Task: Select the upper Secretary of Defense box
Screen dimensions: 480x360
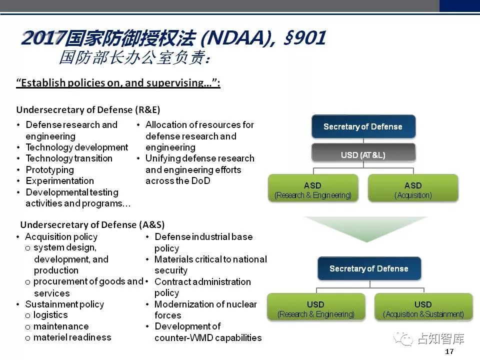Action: click(363, 126)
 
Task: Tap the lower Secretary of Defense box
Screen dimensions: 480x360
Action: click(369, 268)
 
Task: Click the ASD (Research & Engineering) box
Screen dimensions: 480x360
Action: click(313, 188)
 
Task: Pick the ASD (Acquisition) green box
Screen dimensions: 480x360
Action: click(413, 188)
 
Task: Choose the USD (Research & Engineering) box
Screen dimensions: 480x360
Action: click(316, 307)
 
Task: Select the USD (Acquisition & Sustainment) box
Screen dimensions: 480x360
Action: click(423, 307)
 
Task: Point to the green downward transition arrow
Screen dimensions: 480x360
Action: click(366, 228)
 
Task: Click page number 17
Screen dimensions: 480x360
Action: click(449, 351)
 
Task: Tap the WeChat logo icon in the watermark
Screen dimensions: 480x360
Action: click(403, 339)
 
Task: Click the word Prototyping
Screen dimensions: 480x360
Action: click(50, 169)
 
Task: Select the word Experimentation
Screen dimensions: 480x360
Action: click(60, 180)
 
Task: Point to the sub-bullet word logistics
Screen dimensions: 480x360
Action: click(50, 314)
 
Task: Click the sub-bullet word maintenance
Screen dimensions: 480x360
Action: click(61, 326)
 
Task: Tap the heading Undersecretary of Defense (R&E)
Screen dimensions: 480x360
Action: click(88, 109)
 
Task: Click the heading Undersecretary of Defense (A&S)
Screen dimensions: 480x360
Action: click(92, 224)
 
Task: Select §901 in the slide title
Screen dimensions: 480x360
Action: click(304, 38)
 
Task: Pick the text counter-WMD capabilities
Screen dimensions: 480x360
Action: click(208, 337)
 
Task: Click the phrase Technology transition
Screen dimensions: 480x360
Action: click(69, 158)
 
